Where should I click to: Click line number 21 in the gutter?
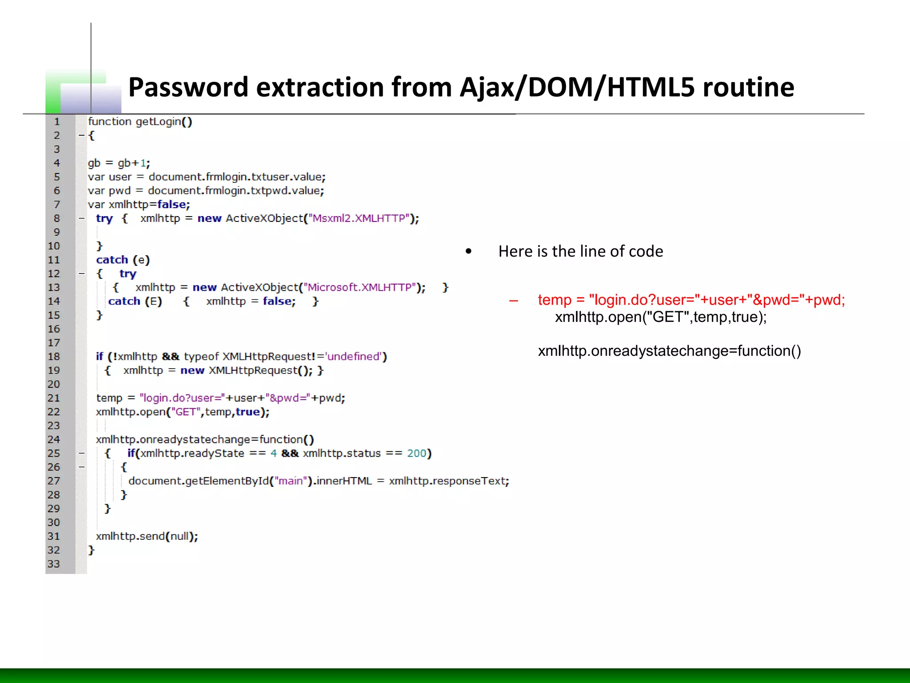click(54, 398)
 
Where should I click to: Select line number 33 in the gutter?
click(54, 564)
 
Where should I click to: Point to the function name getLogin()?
click(164, 121)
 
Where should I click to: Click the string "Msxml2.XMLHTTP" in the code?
click(359, 218)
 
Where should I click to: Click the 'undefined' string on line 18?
click(354, 357)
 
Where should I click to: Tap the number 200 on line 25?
click(417, 453)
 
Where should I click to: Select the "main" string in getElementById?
click(291, 481)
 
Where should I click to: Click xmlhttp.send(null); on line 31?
click(147, 536)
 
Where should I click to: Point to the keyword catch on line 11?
click(112, 260)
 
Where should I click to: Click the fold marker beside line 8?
click(82, 218)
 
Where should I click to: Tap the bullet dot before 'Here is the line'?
click(468, 252)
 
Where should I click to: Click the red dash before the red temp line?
click(514, 301)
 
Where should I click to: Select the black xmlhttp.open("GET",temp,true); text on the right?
click(661, 317)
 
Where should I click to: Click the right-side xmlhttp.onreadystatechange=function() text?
click(669, 351)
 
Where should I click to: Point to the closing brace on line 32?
click(91, 550)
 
